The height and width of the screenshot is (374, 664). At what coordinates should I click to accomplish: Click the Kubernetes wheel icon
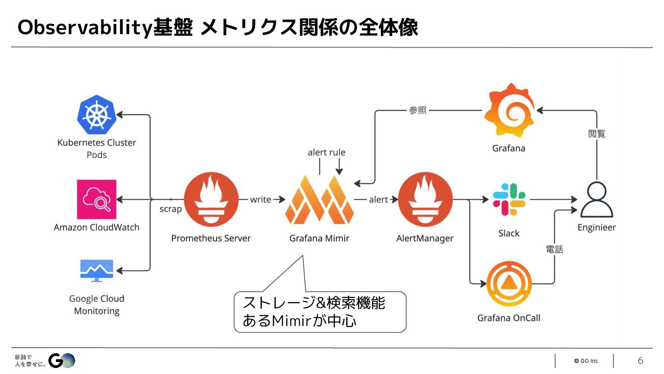(96, 114)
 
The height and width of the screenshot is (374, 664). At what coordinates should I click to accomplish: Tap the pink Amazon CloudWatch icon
(97, 199)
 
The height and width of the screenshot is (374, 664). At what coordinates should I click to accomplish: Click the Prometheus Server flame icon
(211, 199)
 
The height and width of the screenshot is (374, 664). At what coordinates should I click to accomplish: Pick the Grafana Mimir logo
(320, 199)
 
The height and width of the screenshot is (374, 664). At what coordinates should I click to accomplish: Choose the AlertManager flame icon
(425, 199)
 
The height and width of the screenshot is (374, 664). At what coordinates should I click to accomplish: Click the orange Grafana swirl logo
(509, 111)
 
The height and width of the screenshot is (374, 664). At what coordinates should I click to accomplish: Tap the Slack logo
(509, 199)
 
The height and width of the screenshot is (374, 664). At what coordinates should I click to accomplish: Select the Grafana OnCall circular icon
(509, 284)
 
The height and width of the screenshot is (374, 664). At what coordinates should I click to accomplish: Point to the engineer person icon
(597, 200)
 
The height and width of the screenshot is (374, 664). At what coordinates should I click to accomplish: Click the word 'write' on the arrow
(261, 199)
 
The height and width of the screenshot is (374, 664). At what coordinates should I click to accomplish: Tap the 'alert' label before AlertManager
(378, 199)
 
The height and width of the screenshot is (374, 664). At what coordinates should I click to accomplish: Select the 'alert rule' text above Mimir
(326, 152)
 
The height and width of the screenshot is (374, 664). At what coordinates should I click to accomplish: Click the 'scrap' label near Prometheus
(171, 209)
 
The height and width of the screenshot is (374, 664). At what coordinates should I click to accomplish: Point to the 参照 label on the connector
(418, 110)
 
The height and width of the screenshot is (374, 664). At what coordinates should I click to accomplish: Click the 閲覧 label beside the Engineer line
(597, 134)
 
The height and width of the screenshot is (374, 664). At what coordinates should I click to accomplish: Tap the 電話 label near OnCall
(554, 249)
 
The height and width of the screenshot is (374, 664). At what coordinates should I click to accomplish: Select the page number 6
(640, 361)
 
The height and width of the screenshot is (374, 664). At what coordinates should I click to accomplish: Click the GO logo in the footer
(62, 360)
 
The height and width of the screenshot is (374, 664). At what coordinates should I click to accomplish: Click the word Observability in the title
(84, 28)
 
